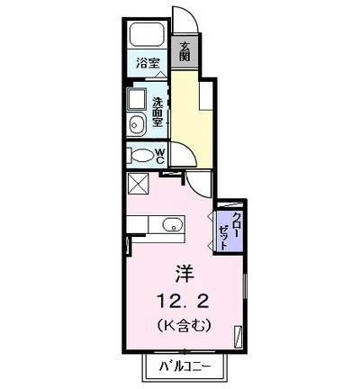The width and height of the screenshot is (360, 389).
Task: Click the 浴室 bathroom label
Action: tap(148, 64)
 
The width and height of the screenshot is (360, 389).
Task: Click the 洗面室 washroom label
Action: tap(158, 111)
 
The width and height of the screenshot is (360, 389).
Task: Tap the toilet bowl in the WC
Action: tap(141, 155)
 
